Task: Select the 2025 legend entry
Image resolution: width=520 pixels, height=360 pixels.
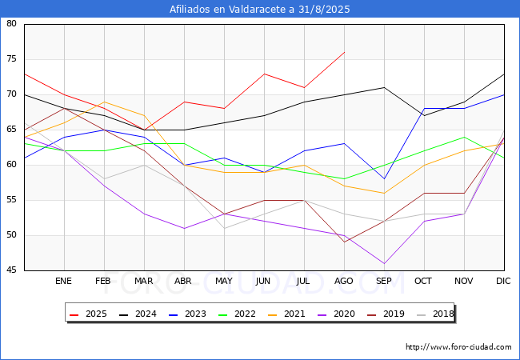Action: [88, 314]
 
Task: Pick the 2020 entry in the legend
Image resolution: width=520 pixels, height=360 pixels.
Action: [336, 314]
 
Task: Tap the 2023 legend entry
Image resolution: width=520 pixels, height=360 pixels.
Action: [187, 314]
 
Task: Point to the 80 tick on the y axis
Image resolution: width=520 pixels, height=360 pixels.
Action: [11, 23]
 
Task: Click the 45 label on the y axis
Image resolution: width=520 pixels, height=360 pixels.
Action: [11, 270]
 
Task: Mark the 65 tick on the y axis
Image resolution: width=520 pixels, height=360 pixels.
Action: [11, 130]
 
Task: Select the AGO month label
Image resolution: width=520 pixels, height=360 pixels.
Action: [343, 281]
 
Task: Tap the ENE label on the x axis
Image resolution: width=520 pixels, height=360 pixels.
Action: [63, 281]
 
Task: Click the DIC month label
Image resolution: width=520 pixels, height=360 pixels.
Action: [503, 281]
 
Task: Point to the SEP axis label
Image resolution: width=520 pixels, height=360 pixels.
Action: [384, 281]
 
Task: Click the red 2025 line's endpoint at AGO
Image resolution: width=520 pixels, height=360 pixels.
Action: [345, 52]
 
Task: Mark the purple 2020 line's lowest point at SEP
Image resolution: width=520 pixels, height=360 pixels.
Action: [384, 263]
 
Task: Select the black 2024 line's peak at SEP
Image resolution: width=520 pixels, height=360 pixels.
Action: [384, 87]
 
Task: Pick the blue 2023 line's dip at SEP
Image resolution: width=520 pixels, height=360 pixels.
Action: [384, 179]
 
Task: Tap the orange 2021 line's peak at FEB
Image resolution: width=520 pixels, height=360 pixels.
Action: [105, 102]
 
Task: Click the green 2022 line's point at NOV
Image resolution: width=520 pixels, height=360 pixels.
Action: [464, 137]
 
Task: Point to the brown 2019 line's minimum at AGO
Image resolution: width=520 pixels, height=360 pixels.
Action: [345, 242]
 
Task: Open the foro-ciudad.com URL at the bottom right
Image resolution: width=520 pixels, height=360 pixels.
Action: [458, 347]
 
